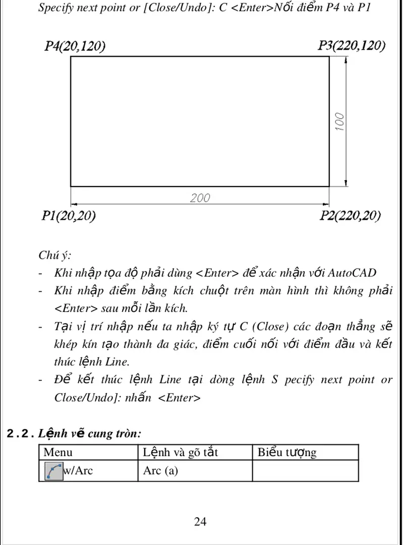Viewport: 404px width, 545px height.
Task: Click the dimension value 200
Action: click(200, 198)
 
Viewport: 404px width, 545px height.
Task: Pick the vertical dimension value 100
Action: click(340, 122)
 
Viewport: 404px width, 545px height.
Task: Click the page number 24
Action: click(200, 521)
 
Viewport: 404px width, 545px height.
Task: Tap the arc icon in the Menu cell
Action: click(54, 471)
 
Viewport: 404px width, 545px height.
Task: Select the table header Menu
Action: click(58, 452)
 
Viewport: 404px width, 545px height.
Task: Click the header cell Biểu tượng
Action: click(287, 452)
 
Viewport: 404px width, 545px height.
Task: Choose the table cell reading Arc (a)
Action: click(160, 471)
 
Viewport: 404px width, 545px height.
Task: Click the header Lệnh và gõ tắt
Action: click(180, 452)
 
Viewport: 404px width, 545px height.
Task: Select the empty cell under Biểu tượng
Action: click(305, 471)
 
